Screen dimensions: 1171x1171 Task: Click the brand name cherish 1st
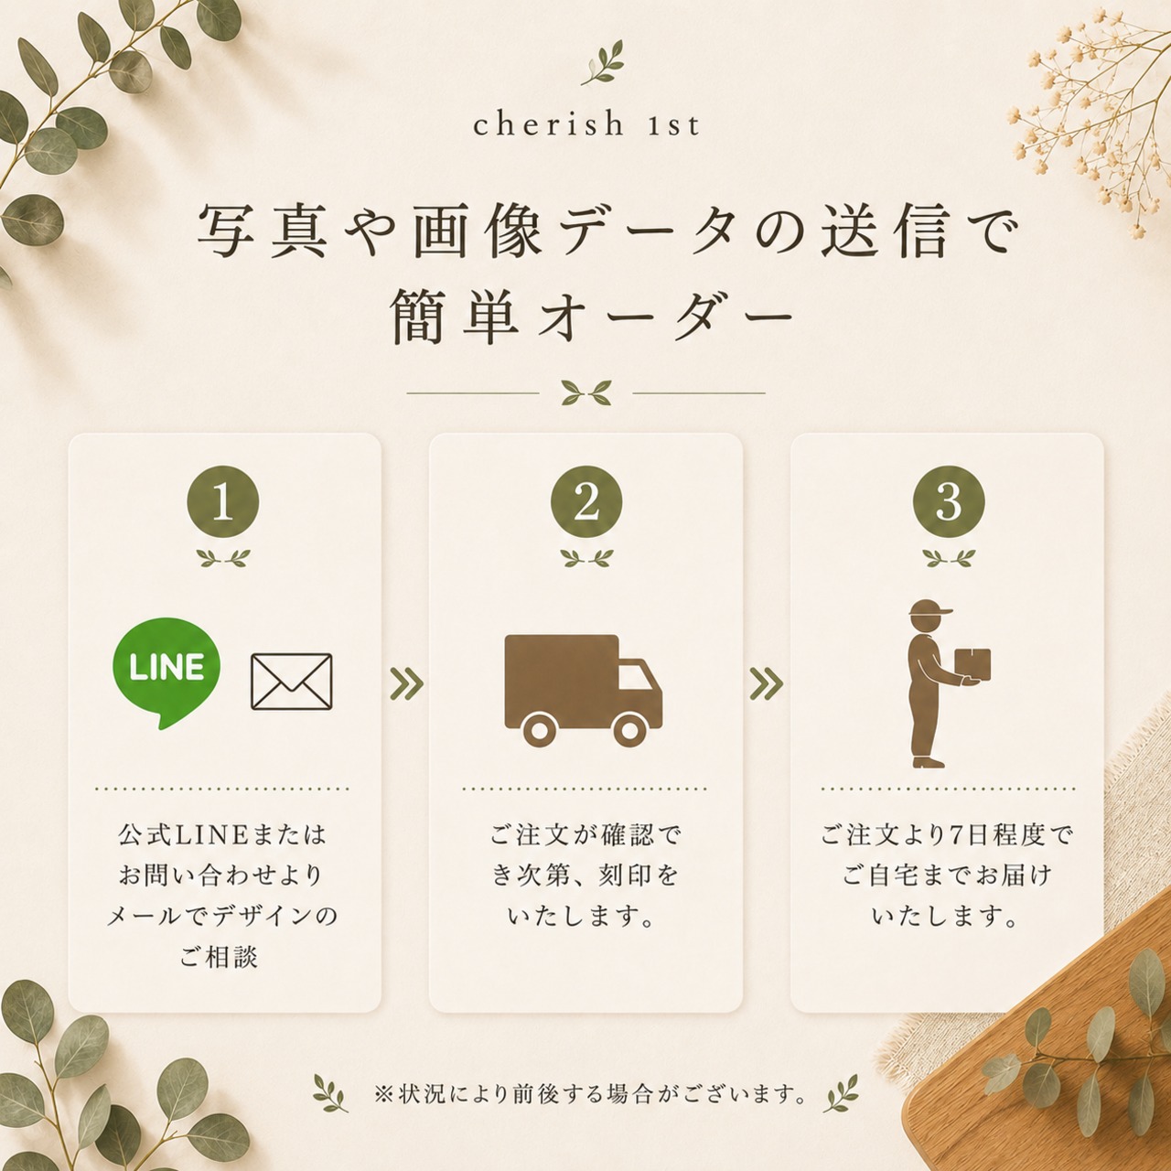point(586,124)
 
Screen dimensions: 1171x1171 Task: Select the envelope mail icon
point(292,682)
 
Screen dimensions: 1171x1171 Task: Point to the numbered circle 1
point(223,502)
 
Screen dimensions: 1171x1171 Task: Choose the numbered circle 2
point(586,502)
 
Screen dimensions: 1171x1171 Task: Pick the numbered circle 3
point(949,502)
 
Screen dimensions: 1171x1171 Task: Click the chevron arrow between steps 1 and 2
point(406,684)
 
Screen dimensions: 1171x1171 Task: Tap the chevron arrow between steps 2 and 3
point(767,684)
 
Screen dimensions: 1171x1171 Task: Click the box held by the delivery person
point(972,664)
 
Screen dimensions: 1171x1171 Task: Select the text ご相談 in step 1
point(219,957)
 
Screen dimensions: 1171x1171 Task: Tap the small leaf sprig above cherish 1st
point(602,62)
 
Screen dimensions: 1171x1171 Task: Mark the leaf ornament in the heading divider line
point(586,392)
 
